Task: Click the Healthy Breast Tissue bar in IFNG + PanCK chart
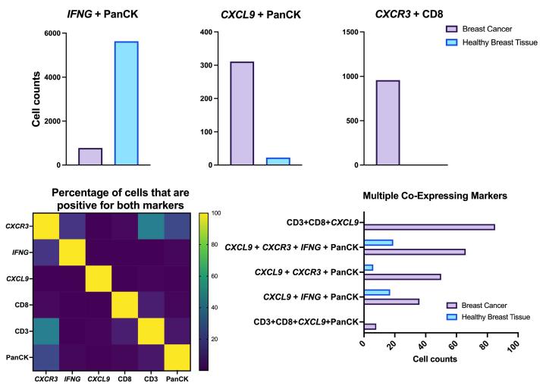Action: [x=127, y=103]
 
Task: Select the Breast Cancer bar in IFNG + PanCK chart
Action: [x=90, y=156]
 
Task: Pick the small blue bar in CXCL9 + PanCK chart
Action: [x=278, y=161]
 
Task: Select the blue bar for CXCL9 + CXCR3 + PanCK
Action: [x=369, y=268]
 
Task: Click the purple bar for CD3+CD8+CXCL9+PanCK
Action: [x=370, y=327]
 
